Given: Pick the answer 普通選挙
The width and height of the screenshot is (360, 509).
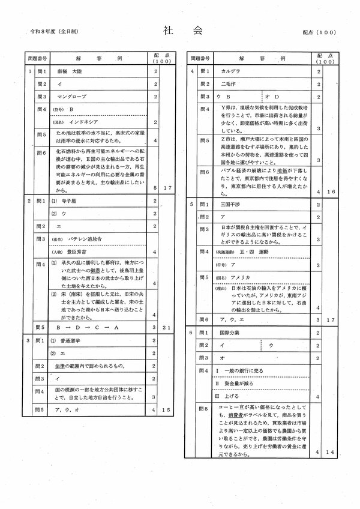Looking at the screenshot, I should pos(71,340).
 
